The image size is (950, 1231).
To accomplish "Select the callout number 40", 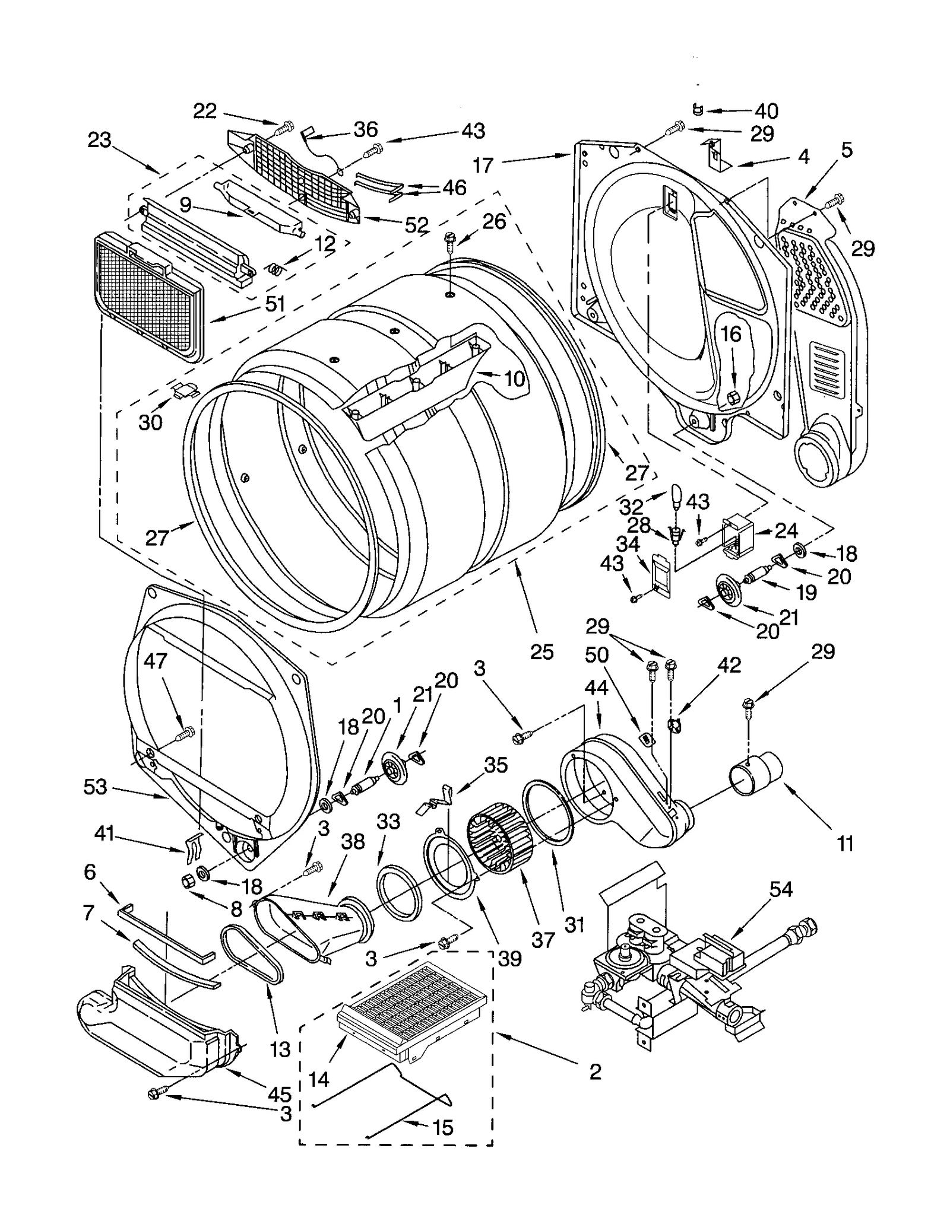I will (766, 111).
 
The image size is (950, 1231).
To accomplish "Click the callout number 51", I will (275, 304).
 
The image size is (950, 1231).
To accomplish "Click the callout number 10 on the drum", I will (514, 378).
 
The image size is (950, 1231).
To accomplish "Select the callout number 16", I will (731, 334).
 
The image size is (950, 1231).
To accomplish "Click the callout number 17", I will (483, 165).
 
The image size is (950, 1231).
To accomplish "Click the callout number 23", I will (99, 141).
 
